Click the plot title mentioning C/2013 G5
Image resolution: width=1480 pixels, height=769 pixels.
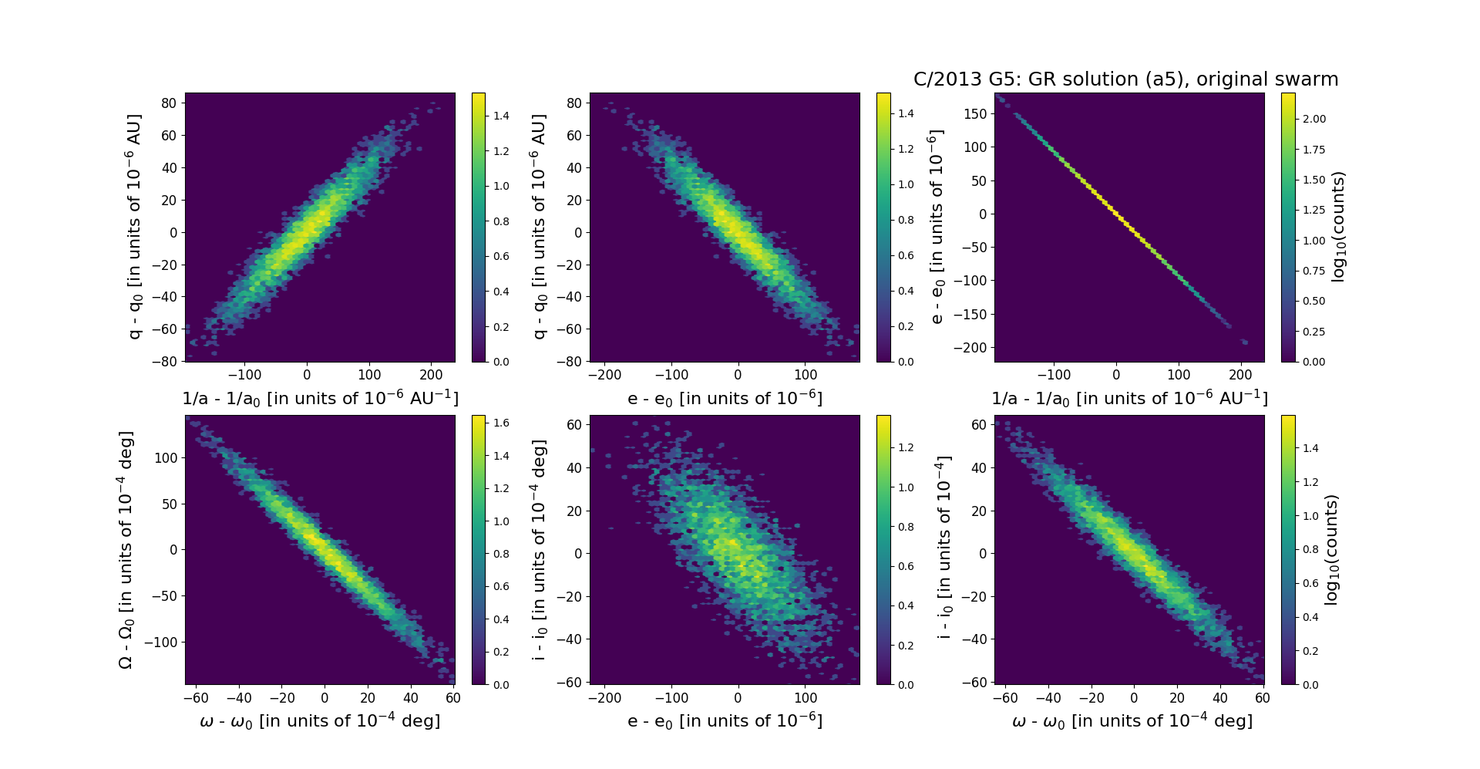coord(1125,79)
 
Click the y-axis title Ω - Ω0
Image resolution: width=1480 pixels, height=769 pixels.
coord(126,550)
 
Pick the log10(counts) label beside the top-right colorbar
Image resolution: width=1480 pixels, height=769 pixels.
coord(1338,227)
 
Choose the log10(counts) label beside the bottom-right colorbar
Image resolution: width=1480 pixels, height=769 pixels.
coord(1330,549)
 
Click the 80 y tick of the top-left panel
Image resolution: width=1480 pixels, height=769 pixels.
coord(169,103)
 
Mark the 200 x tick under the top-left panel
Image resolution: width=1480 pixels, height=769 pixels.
coord(431,375)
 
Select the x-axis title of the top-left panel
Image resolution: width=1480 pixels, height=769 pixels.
coord(320,398)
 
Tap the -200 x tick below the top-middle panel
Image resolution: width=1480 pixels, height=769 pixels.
coord(605,375)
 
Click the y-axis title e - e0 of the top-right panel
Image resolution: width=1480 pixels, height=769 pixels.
coord(936,227)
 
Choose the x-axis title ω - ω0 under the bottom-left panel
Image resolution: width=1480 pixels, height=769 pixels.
coord(320,720)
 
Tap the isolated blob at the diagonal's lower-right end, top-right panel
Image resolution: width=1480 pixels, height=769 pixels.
coord(1243,342)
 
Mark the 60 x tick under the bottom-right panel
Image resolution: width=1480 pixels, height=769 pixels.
coord(1263,698)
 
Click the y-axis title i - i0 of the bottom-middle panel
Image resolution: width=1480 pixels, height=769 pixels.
coord(540,549)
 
